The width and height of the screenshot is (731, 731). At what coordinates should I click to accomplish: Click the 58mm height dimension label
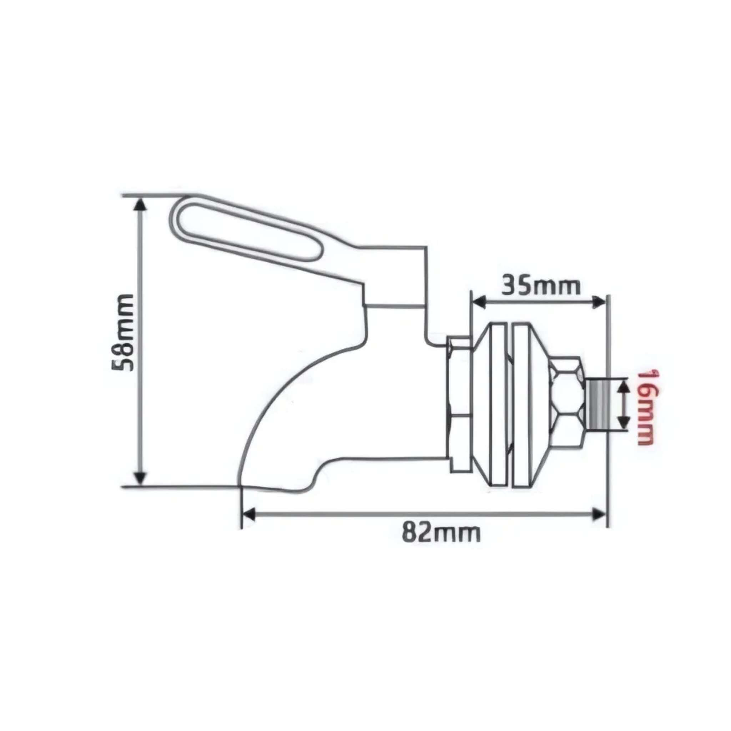[x=123, y=333]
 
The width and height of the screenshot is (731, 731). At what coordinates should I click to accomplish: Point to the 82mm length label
[x=441, y=534]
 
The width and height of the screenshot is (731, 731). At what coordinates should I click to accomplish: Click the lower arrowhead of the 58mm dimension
[x=140, y=478]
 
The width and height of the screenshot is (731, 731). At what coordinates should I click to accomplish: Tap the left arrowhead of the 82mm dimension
[x=248, y=514]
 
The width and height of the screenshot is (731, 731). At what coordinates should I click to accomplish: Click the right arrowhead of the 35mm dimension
[x=599, y=302]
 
